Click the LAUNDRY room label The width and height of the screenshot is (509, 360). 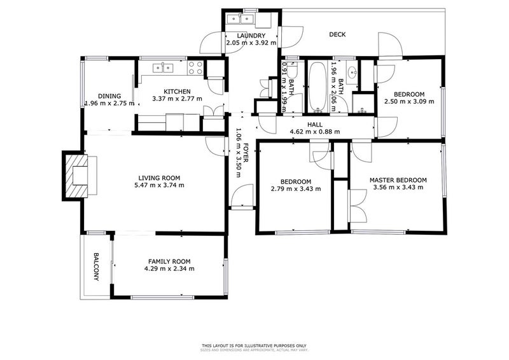coord(251,36)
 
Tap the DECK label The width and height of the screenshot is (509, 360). coord(337,35)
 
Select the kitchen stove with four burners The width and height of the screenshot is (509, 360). coord(195,67)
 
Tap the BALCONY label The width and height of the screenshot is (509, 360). coord(96,267)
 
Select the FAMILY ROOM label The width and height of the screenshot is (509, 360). coord(169,261)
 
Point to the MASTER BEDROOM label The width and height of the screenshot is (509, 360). coord(398,180)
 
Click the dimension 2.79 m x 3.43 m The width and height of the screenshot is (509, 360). coord(296,189)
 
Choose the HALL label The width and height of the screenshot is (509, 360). coord(315,125)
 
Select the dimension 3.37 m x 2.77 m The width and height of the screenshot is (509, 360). coord(178,99)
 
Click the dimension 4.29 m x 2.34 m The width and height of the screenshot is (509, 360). coord(169,269)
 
